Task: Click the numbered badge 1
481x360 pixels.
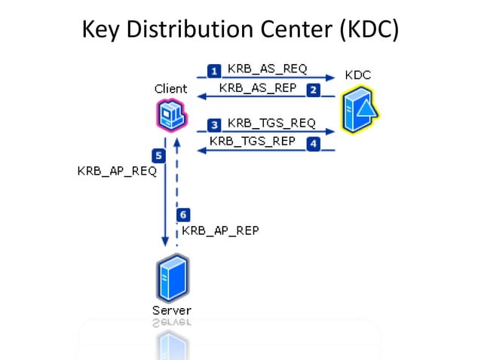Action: [x=214, y=71]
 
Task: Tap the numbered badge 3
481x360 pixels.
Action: [x=215, y=124]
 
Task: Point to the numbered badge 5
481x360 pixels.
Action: [x=159, y=156]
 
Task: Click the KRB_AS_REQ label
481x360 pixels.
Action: [x=268, y=69]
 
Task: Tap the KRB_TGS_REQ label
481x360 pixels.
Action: [x=271, y=123]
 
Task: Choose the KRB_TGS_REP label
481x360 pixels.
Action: [x=253, y=141]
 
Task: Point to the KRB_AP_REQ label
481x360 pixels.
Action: [x=117, y=171]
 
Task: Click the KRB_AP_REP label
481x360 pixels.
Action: [x=220, y=230]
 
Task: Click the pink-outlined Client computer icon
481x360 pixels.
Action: [x=172, y=116]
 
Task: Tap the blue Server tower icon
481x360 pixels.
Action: [x=172, y=279]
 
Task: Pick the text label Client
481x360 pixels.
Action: [x=170, y=89]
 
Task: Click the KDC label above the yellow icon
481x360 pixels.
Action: [x=357, y=75]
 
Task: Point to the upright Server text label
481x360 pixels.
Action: [x=172, y=310]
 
